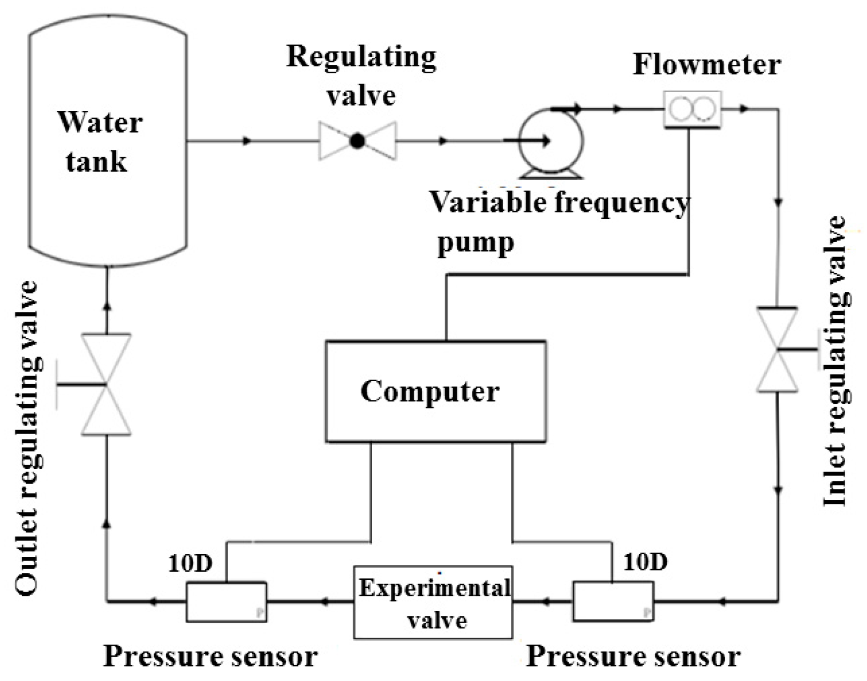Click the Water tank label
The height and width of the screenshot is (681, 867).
point(100,141)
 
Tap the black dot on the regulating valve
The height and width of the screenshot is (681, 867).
point(357,141)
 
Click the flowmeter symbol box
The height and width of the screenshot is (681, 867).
point(692,110)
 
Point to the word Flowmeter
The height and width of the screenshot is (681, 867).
point(706,65)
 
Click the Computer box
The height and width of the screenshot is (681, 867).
point(435,391)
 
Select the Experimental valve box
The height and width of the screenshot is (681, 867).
point(433,603)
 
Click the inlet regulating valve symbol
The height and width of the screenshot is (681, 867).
point(777,350)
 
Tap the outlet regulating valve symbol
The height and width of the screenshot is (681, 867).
point(106,384)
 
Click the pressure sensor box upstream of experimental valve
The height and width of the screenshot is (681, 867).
point(613,601)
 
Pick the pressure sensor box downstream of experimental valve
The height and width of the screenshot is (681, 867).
point(226,602)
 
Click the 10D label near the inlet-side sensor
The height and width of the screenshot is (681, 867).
point(645,562)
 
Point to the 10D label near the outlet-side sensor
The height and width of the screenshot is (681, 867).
point(190,563)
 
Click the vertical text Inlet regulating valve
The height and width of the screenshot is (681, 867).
point(835,361)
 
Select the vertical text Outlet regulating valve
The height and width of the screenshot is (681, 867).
point(27,438)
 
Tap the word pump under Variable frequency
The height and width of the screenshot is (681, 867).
point(476,242)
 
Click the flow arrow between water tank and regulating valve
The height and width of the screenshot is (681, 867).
point(246,141)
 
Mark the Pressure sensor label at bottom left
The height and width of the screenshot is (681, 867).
point(210,656)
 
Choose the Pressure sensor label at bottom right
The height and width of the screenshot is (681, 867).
point(634,656)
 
